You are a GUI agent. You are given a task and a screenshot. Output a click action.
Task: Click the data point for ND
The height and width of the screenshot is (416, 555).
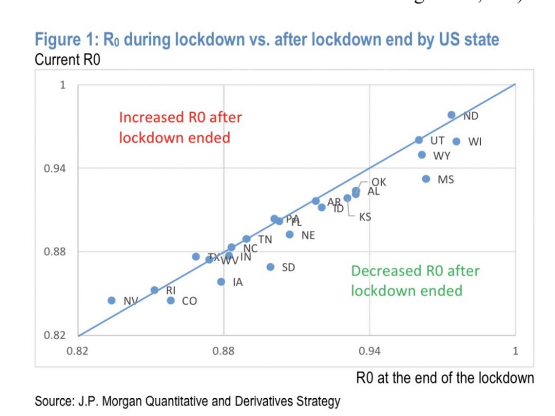click(x=451, y=115)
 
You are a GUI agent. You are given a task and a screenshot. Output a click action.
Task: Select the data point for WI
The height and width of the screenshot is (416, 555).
click(x=456, y=141)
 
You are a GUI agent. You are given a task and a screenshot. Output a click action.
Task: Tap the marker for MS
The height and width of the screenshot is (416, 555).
click(x=426, y=179)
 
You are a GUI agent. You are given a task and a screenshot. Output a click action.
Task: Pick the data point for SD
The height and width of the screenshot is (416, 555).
click(x=270, y=267)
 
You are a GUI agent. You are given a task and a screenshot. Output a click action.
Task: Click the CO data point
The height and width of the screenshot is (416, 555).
click(x=171, y=300)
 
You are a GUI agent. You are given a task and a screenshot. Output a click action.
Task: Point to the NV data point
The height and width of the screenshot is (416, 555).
click(x=112, y=300)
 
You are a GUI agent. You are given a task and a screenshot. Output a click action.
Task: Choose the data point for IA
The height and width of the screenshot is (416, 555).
click(x=221, y=281)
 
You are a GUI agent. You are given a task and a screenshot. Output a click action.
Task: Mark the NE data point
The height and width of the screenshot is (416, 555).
click(x=290, y=234)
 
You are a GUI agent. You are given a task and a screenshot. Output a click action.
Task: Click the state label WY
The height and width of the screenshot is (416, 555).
click(x=442, y=156)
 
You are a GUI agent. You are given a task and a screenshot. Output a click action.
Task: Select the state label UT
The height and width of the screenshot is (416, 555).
click(x=437, y=141)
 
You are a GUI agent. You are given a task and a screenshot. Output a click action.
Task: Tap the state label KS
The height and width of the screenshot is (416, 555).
click(x=365, y=217)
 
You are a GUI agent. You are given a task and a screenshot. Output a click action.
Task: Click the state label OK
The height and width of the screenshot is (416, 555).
click(x=379, y=182)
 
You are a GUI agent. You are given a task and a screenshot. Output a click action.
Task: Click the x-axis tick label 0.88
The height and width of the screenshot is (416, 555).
click(x=224, y=351)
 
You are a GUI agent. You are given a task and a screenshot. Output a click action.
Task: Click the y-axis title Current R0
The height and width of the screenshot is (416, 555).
click(x=67, y=60)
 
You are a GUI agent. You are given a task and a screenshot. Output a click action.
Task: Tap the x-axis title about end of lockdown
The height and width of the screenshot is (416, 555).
click(x=444, y=378)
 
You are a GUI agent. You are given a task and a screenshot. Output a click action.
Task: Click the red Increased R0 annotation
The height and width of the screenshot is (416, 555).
click(x=180, y=127)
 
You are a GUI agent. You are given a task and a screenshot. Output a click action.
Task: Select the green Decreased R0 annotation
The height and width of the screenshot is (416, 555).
click(x=415, y=281)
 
